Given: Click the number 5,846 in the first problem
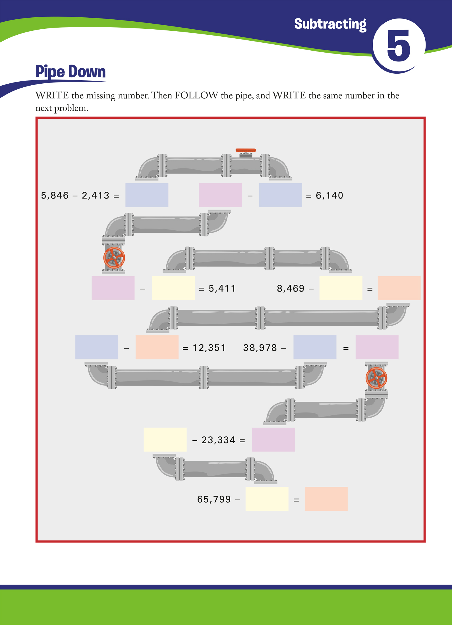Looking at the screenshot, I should (55, 195).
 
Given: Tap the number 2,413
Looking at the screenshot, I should (96, 195).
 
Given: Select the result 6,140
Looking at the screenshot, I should (329, 195).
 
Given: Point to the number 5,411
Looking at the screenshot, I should (222, 288).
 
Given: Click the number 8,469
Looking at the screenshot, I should (291, 288).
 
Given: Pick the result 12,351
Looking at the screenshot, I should (209, 348).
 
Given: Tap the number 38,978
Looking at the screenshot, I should (260, 348).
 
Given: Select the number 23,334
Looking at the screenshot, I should (218, 440).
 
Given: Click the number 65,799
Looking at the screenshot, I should (214, 499).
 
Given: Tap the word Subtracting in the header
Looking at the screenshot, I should (330, 24).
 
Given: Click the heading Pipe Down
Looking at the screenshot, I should (71, 71).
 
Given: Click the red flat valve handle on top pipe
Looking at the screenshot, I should (246, 150).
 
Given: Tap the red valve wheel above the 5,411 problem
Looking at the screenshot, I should (114, 258).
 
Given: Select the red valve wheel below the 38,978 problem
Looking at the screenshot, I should (376, 378).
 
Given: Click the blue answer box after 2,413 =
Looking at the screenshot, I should (147, 195).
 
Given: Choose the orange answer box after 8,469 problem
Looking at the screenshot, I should (399, 288).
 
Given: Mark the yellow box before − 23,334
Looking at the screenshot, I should (165, 440).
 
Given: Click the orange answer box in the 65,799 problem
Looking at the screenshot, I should (326, 499).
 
